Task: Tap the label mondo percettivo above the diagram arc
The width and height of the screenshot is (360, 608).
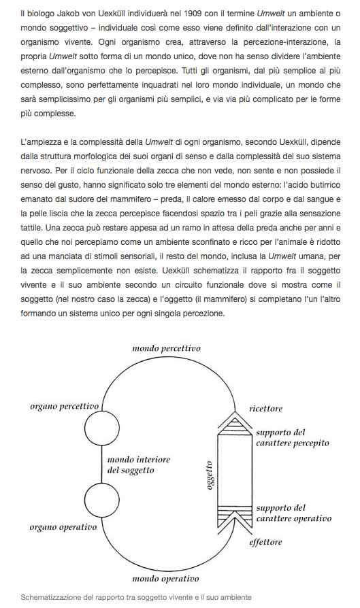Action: coord(167,348)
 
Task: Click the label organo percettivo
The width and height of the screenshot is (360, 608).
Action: coord(65,406)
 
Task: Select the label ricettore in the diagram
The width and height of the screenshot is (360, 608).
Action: coord(265,409)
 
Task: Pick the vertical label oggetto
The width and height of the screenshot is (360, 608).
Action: coord(210,475)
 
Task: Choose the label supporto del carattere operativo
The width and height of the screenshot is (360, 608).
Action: coord(289,513)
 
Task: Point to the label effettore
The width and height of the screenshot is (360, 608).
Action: coord(265,542)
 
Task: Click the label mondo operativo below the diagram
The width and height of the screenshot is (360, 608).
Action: coord(166,579)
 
